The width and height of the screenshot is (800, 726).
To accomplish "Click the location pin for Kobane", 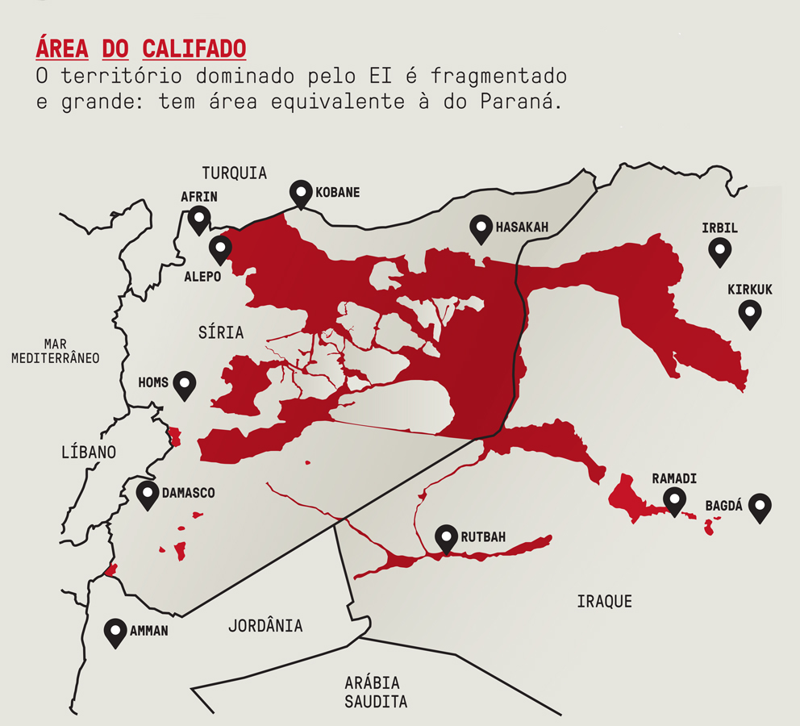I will click(302, 194).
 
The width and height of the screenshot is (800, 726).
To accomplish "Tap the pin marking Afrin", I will click(198, 219).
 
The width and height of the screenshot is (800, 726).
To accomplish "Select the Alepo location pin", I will click(219, 249).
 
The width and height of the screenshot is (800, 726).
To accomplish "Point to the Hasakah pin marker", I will click(481, 228).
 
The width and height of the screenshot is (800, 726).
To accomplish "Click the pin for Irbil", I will click(719, 251).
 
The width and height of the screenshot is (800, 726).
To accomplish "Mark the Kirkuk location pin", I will click(750, 312).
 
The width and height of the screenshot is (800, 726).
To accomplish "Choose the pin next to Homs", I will click(185, 385).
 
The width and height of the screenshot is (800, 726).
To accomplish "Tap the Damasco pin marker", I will click(147, 494).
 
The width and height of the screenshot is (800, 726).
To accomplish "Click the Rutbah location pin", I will click(446, 538).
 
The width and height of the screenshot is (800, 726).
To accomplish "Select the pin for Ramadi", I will click(675, 500).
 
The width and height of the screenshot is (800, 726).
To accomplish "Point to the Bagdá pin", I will click(760, 507).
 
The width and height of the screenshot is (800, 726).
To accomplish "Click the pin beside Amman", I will click(116, 632).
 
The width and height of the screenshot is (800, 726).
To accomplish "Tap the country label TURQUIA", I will click(234, 173).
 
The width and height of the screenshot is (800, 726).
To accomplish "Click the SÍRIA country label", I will click(220, 332).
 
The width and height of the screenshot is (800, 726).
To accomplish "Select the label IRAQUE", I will click(604, 601).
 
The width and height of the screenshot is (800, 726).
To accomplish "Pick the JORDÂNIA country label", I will click(265, 625).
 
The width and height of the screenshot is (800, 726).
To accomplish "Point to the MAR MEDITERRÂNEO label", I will click(55, 350).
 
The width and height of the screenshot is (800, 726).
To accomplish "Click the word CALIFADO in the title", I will click(194, 48).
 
